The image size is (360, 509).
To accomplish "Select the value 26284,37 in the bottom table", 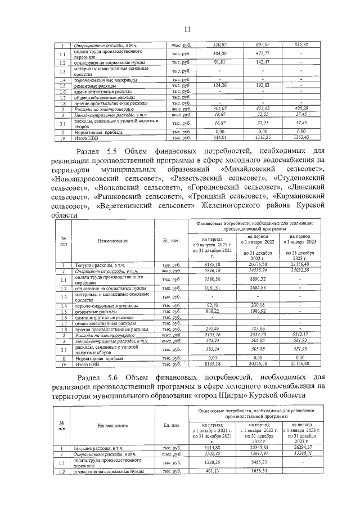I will tap(301, 448).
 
